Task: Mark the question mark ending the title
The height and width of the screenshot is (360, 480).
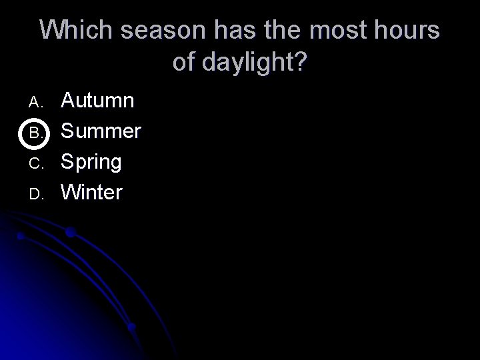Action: [300, 63]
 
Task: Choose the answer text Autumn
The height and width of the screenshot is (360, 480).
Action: [97, 101]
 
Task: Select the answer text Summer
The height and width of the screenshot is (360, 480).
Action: [101, 131]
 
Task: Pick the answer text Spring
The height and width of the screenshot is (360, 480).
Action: [91, 162]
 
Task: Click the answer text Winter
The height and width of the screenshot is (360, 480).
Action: [92, 193]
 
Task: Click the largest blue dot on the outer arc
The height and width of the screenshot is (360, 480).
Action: [70, 233]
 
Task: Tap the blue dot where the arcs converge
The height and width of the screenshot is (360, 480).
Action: [131, 327]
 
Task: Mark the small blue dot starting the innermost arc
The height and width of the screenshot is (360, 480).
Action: [21, 236]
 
